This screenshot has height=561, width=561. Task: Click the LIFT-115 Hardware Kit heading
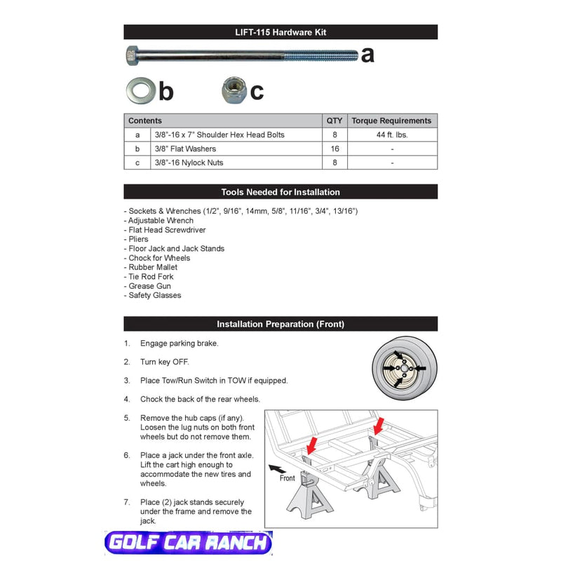pyautogui.click(x=280, y=32)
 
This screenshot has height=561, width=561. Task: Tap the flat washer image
pyautogui.click(x=141, y=90)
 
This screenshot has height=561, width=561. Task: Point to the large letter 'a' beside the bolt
pyautogui.click(x=367, y=55)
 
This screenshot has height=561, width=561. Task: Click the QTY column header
pyautogui.click(x=334, y=121)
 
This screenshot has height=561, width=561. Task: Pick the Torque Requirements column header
pyautogui.click(x=391, y=121)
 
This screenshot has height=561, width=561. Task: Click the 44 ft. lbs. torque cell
pyautogui.click(x=391, y=135)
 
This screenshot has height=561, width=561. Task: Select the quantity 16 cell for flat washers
pyautogui.click(x=334, y=149)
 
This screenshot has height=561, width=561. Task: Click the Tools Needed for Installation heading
pyautogui.click(x=280, y=192)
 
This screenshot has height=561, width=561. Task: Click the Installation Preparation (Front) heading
pyautogui.click(x=280, y=324)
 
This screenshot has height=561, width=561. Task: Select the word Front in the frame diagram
pyautogui.click(x=288, y=478)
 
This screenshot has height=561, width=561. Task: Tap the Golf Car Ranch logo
pyautogui.click(x=187, y=543)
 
